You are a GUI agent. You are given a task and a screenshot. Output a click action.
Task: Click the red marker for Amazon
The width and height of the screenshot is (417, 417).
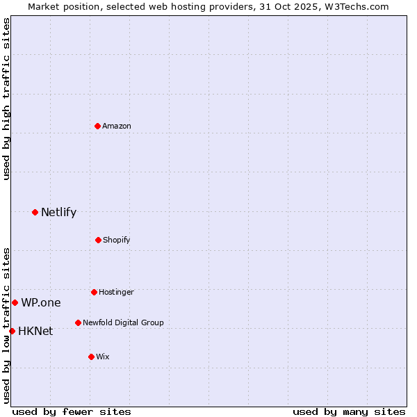click(98, 126)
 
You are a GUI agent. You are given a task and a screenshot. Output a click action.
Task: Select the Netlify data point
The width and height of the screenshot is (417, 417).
click(35, 212)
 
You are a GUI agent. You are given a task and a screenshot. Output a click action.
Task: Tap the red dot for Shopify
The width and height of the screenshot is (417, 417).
click(98, 240)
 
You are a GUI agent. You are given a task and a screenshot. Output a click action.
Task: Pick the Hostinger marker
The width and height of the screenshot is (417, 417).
click(94, 292)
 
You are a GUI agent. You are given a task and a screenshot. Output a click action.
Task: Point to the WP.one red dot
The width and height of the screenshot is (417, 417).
click(15, 302)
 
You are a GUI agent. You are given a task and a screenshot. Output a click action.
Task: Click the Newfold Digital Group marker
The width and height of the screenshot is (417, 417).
click(78, 322)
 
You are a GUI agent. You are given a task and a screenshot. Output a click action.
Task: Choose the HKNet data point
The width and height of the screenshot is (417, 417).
click(12, 331)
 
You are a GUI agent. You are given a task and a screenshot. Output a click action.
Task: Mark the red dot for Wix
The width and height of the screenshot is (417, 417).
click(91, 357)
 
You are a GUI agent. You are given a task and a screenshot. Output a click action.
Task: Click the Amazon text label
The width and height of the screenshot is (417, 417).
click(117, 126)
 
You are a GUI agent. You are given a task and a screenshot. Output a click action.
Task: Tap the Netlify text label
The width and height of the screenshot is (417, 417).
click(58, 212)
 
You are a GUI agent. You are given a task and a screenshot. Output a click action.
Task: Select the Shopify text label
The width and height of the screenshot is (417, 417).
click(117, 240)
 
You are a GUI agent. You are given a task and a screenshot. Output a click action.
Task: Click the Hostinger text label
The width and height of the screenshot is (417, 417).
click(116, 292)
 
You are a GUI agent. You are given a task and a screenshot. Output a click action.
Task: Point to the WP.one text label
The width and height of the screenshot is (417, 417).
click(40, 302)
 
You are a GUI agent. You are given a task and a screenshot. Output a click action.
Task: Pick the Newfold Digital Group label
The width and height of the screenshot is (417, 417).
click(123, 322)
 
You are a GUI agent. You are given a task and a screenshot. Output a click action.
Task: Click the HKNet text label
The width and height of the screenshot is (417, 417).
click(35, 331)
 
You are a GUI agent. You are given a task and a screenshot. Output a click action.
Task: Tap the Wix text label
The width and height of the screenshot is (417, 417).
click(103, 357)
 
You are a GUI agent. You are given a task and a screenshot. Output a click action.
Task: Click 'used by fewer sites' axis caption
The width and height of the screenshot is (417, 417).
click(72, 411)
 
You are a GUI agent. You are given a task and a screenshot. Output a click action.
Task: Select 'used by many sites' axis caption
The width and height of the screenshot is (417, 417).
click(349, 411)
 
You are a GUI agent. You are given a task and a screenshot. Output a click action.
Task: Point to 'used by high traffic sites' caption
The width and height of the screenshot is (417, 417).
click(6, 99)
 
